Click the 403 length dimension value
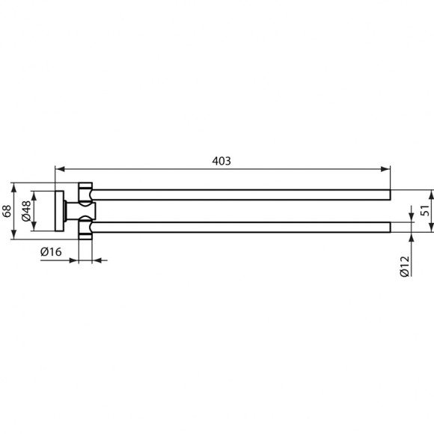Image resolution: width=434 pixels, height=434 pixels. point(222,160)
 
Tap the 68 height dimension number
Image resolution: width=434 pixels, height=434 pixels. point(7,211)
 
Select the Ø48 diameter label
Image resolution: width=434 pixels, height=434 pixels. point(26,211)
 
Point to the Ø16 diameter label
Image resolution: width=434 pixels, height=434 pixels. point(50,252)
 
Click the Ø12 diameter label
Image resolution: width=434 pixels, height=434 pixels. point(403,264)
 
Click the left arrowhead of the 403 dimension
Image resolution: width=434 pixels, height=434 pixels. point(59,169)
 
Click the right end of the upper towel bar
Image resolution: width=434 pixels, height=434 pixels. point(388,195)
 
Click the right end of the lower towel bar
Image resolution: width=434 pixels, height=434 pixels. point(388,227)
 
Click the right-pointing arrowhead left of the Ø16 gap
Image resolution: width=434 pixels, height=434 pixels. point(73,261)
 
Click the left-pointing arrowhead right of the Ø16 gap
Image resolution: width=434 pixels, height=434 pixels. point(95,261)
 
